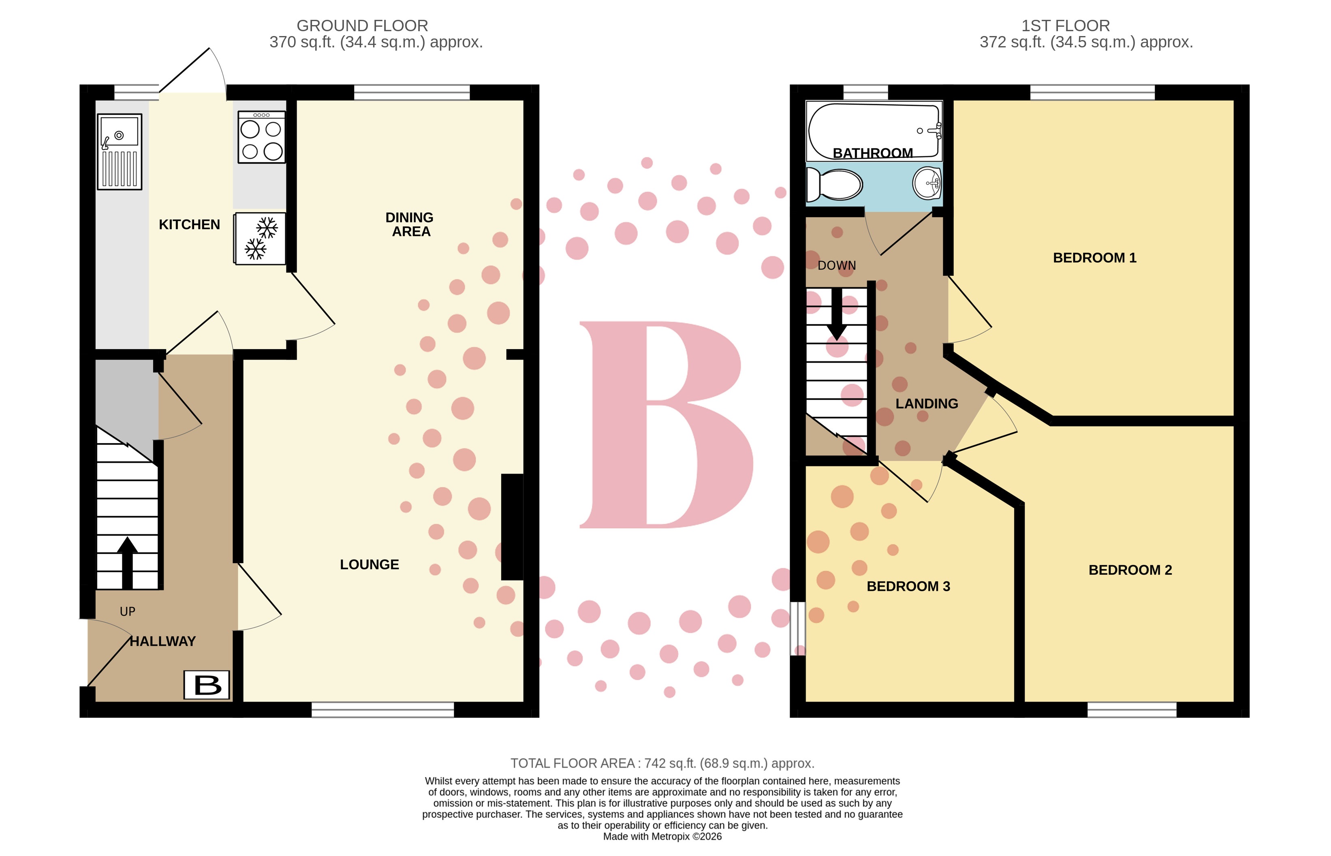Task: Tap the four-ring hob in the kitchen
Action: (x=261, y=137)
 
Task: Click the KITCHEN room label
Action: (x=189, y=224)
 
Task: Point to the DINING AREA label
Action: (x=410, y=224)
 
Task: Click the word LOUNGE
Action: (x=369, y=565)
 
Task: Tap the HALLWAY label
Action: (x=162, y=641)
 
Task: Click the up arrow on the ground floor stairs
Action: (x=127, y=561)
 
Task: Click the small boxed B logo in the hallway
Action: (x=207, y=685)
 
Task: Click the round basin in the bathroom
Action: (x=927, y=182)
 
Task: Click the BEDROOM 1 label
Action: (x=1094, y=258)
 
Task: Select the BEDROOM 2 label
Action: (x=1130, y=570)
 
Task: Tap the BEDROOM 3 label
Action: (x=908, y=587)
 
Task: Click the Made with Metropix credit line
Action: (x=662, y=837)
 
